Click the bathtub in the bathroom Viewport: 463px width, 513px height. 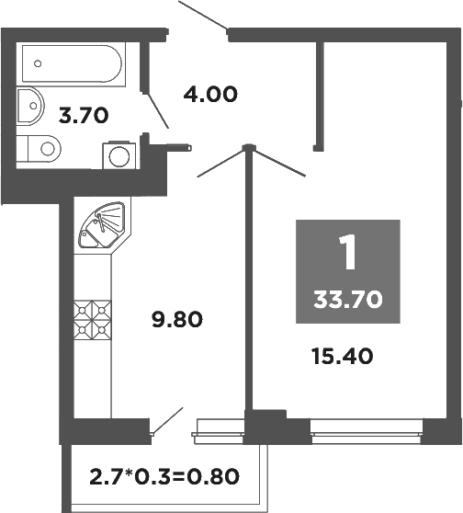tap(69, 63)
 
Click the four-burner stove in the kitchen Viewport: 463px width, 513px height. tap(92, 318)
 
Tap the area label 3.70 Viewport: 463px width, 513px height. tap(84, 116)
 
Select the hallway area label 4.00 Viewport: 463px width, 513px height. tap(210, 94)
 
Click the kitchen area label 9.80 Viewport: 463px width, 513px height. tap(175, 320)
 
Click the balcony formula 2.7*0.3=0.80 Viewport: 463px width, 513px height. tap(164, 476)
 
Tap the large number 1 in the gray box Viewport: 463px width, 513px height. tap(347, 254)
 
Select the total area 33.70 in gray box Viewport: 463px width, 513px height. tap(347, 298)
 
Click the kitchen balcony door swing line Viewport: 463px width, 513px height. tap(167, 422)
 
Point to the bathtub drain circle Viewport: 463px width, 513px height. tap(38, 63)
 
